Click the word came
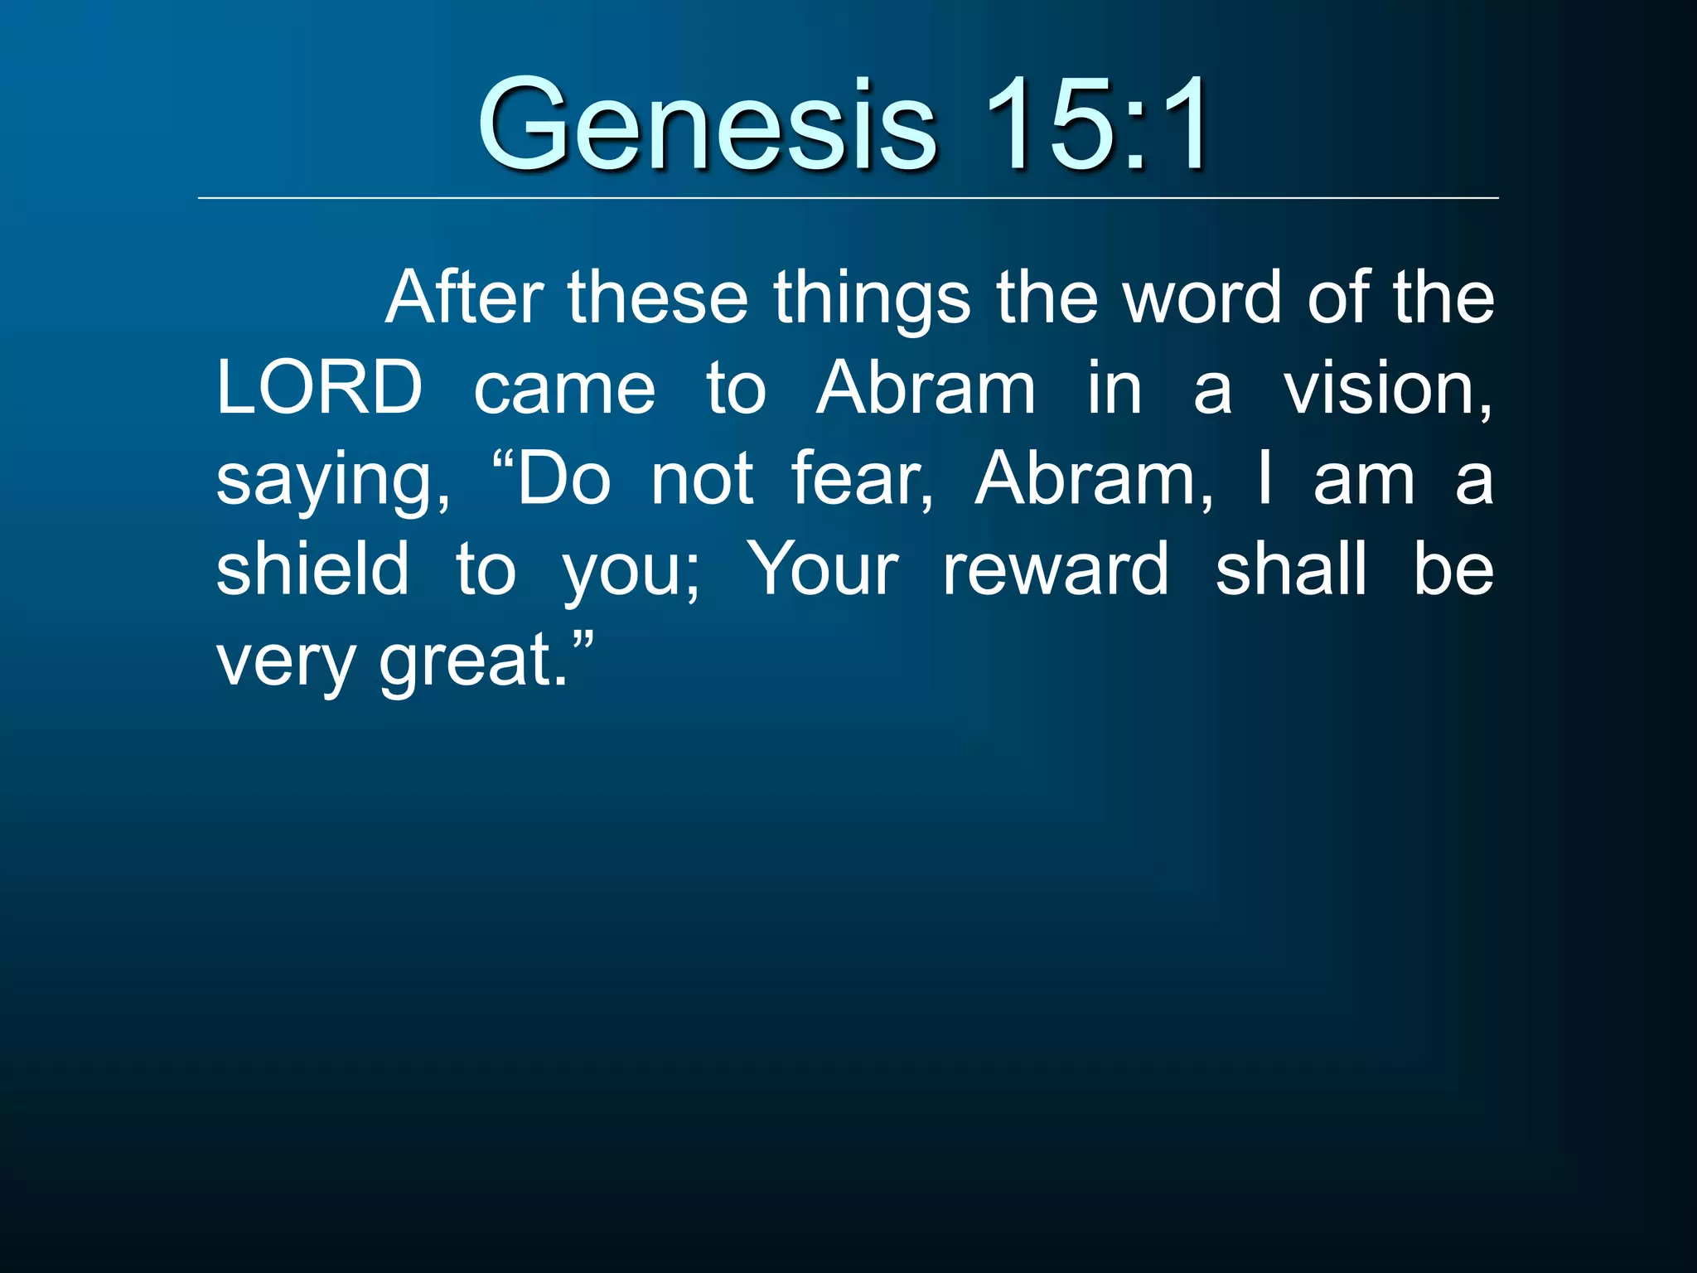[x=564, y=390]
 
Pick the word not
[x=702, y=480]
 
